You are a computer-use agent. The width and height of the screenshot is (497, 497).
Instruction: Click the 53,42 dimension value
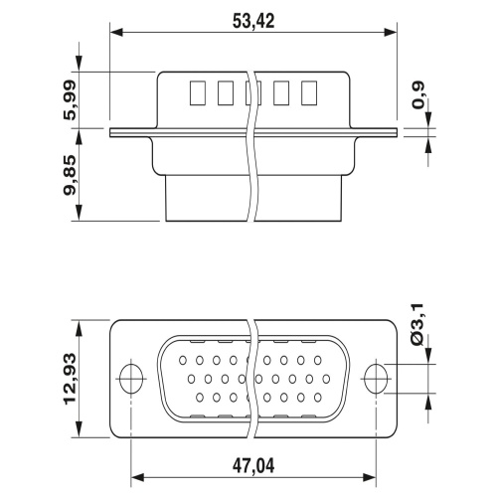253,21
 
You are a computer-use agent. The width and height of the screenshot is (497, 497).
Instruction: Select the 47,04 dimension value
253,466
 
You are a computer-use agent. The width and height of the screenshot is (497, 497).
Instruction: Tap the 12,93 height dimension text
70,379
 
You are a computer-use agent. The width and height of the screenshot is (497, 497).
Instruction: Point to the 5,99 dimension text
70,99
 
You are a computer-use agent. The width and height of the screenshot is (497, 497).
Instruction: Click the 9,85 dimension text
70,175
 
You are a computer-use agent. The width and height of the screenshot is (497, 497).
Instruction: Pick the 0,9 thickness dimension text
417,95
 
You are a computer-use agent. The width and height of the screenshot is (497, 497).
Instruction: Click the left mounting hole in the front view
131,379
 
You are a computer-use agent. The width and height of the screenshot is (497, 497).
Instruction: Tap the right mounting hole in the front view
376,379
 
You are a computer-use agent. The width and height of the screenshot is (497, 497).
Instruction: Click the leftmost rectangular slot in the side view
198,93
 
